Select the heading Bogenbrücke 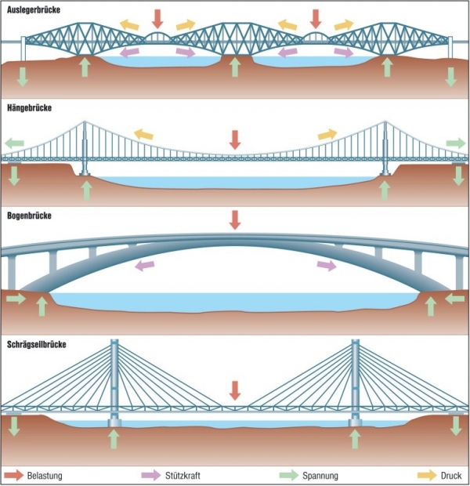(31, 214)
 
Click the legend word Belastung (45, 476)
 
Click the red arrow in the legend (15, 476)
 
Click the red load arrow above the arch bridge (235, 220)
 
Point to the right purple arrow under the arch (327, 267)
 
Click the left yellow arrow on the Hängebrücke (143, 134)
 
